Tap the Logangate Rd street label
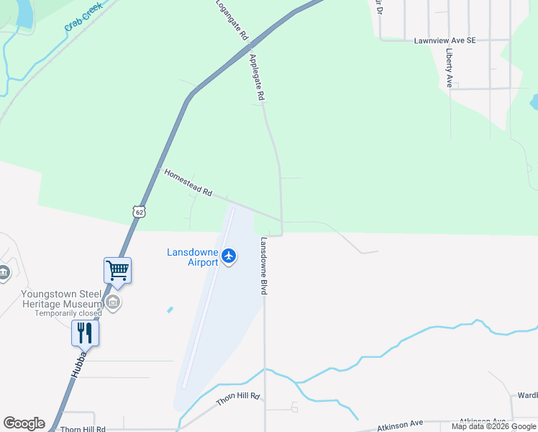point(232,19)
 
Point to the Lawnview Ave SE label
point(444,41)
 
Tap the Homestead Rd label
point(188,184)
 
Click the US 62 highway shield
point(139,211)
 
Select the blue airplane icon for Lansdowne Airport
point(229,256)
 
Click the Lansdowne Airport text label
point(192,257)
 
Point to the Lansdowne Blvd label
point(264,266)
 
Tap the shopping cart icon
point(117,271)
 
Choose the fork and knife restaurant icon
point(85,333)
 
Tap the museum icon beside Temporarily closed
point(113,303)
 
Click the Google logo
point(24,423)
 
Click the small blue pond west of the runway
point(170,310)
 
